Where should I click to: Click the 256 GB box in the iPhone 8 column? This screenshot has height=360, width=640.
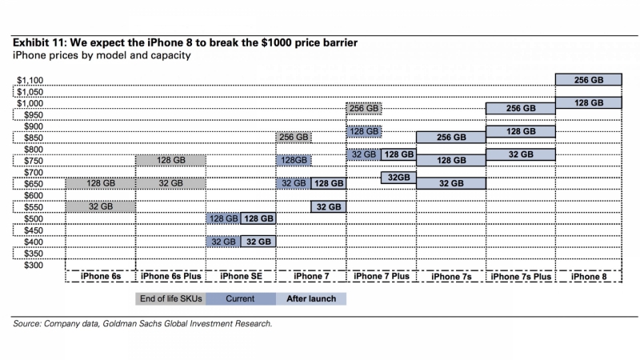588,79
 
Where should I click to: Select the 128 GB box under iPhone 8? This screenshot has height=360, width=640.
588,102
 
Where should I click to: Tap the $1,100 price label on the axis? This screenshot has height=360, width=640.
30,80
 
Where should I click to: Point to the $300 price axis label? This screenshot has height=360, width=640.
34,264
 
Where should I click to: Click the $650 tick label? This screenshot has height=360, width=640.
34,183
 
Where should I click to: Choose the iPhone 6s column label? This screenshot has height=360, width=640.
100,277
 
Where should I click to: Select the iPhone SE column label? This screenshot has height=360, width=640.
241,277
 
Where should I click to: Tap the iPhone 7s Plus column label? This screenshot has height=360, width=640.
521,277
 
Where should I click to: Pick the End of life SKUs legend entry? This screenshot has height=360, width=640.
170,299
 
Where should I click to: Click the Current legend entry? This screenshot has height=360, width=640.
241,299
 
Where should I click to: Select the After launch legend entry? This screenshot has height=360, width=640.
311,299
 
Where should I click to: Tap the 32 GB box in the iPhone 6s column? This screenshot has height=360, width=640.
100,206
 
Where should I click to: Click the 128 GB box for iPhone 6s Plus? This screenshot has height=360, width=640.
170,160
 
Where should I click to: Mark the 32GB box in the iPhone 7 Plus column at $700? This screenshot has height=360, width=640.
398,178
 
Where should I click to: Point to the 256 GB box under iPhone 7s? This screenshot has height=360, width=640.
450,137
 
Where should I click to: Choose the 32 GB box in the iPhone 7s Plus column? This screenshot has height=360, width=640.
521,154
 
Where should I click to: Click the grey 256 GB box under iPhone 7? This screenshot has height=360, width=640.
294,137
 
